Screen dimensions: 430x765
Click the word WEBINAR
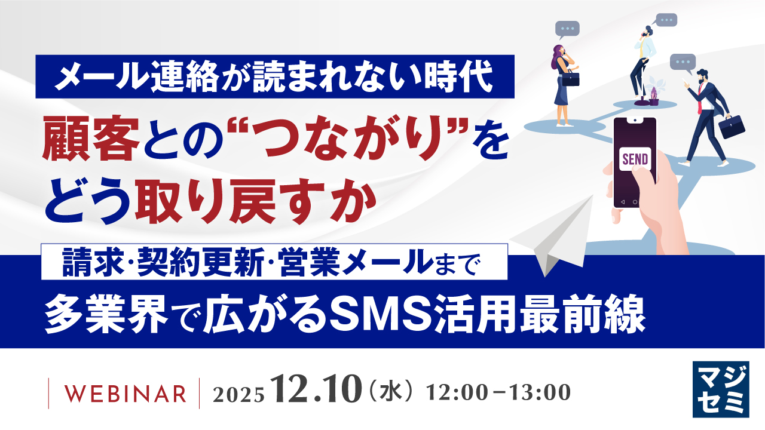[x=124, y=394]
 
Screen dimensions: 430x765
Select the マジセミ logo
[x=720, y=389]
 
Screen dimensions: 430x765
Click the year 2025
[x=238, y=394]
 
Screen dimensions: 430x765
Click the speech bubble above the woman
[x=567, y=28]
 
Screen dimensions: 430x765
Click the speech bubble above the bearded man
[x=683, y=62]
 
